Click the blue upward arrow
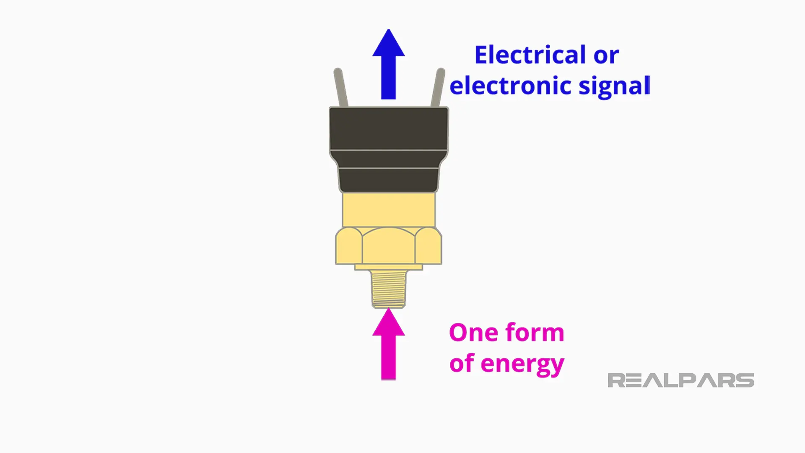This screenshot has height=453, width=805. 388,67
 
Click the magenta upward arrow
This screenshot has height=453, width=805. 388,346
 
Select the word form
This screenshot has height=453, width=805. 535,332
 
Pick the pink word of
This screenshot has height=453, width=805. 462,363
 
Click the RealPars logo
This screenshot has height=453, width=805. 680,380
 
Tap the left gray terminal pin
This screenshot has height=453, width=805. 340,87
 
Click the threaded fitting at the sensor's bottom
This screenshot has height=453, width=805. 389,288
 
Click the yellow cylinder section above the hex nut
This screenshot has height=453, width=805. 389,210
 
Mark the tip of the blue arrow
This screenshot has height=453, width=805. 389,31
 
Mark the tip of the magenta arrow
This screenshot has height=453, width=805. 389,310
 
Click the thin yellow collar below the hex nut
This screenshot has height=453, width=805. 389,267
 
